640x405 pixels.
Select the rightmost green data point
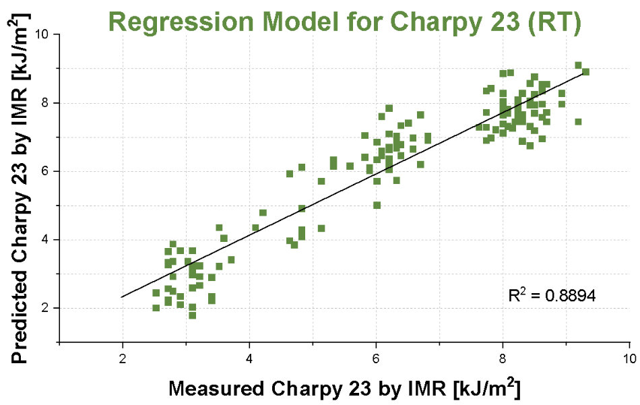pyautogui.click(x=585, y=71)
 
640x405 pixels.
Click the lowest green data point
pyautogui.click(x=193, y=315)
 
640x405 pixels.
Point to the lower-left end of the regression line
pyautogui.click(x=123, y=297)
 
